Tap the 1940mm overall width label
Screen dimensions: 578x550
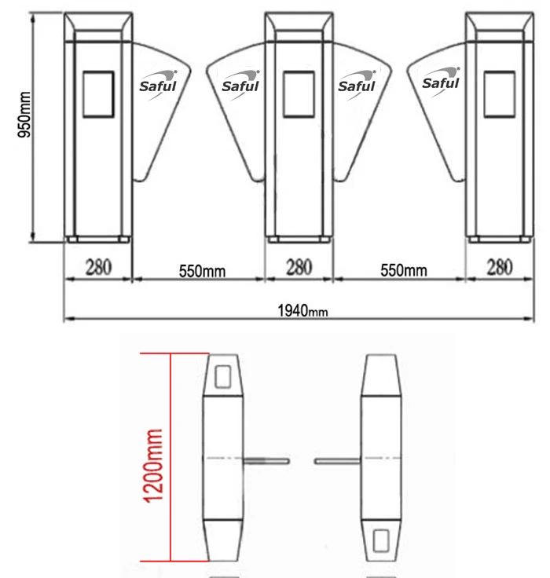[302, 310]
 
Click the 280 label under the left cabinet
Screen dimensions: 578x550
[97, 268]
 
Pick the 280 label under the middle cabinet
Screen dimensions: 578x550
[299, 268]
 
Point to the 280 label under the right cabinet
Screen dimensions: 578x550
[500, 268]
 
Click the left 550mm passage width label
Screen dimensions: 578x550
[202, 271]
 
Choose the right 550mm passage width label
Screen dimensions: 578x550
[403, 271]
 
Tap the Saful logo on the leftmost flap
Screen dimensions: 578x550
[158, 84]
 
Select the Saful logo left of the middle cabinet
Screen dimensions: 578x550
[240, 85]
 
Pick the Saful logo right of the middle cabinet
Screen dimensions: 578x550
[357, 85]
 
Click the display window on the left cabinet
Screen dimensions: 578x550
[98, 94]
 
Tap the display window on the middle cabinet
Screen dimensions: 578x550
[299, 94]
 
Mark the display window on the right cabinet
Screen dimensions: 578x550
[500, 94]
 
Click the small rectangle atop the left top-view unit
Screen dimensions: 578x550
[223, 374]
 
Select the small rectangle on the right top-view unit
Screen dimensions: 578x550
[381, 540]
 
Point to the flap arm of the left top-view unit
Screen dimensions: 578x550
[266, 460]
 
